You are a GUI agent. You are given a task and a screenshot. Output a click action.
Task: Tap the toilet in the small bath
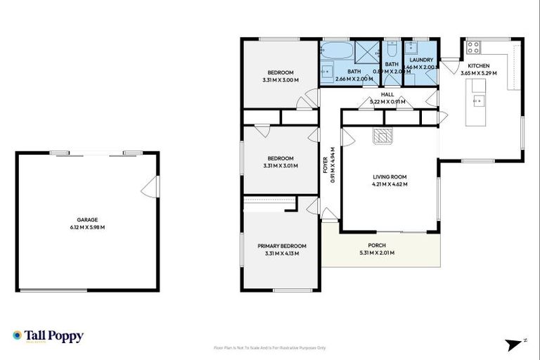pyautogui.click(x=392, y=48)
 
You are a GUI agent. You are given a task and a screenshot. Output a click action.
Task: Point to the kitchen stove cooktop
pyautogui.click(x=473, y=48)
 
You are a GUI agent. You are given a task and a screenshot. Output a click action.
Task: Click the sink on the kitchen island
pyautogui.click(x=479, y=100)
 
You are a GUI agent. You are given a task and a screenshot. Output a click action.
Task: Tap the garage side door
pyautogui.click(x=150, y=187)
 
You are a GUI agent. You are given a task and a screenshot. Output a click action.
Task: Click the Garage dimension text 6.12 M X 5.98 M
pyautogui.click(x=87, y=227)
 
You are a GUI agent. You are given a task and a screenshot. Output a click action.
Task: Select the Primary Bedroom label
pyautogui.click(x=281, y=245)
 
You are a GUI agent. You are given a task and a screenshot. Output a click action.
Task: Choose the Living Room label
pyautogui.click(x=390, y=176)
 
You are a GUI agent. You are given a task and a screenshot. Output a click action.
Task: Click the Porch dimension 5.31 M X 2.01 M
pyautogui.click(x=377, y=253)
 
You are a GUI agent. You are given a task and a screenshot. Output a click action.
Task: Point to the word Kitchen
pyautogui.click(x=478, y=65)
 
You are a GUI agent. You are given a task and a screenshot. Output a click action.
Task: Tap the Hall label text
pyautogui.click(x=387, y=94)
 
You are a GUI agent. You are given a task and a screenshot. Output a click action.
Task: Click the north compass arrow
pyautogui.click(x=516, y=344)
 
